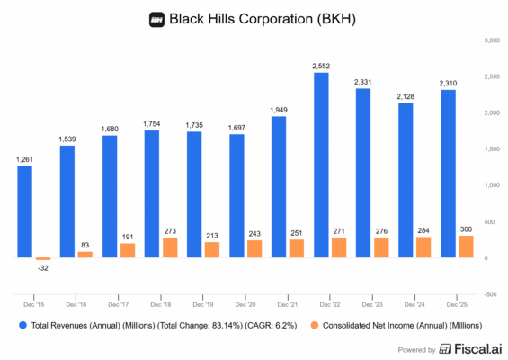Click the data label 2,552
pos(321,66)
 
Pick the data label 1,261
pos(25,159)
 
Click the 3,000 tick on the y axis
pos(491,40)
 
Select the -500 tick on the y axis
pos(490,293)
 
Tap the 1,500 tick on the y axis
pos(491,148)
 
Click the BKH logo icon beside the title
pos(157,19)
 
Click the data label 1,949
pos(279,110)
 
